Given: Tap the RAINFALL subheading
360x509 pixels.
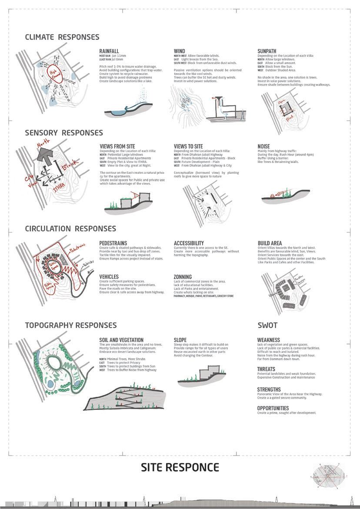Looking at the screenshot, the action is coord(109,51).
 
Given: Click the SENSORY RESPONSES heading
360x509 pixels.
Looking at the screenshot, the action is coord(64,133).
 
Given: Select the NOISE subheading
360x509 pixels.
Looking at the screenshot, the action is coord(263,146).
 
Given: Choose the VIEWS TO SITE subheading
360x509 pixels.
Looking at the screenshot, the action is coord(188,146).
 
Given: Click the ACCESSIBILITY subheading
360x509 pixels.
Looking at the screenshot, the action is coord(189,243).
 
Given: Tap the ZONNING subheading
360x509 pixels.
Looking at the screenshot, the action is coord(183,277).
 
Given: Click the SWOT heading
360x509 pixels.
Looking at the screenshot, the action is coord(267,325).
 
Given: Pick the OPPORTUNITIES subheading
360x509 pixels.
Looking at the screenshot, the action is coord(273,408).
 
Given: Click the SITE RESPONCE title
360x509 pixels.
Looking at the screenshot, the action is coord(180,468).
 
